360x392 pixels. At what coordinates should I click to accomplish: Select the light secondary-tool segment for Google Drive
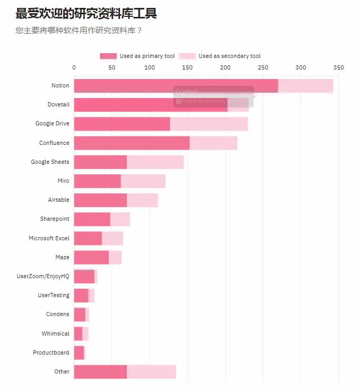209,124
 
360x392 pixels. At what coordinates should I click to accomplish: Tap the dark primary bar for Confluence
132,143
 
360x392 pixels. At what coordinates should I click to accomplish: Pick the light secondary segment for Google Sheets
155,162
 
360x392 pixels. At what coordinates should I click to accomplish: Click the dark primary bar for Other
100,371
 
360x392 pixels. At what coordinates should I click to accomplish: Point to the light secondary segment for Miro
143,181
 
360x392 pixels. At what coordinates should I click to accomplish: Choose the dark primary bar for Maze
91,257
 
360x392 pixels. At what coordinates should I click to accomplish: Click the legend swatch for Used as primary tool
108,56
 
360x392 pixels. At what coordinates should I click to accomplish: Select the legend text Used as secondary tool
229,56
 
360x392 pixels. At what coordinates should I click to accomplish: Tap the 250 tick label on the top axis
263,67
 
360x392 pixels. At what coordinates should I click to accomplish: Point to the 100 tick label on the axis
149,67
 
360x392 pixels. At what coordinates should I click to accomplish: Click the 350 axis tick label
338,67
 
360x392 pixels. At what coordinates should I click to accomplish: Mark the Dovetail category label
58,105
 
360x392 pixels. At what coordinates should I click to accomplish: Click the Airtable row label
58,200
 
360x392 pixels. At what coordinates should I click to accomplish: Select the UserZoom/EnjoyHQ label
43,276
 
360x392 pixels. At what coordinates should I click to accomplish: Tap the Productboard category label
51,352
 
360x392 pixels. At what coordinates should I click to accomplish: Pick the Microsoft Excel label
49,238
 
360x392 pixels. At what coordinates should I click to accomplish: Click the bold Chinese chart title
86,14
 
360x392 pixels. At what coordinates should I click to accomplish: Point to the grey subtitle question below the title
79,30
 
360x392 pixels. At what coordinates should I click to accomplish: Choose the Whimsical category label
55,334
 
